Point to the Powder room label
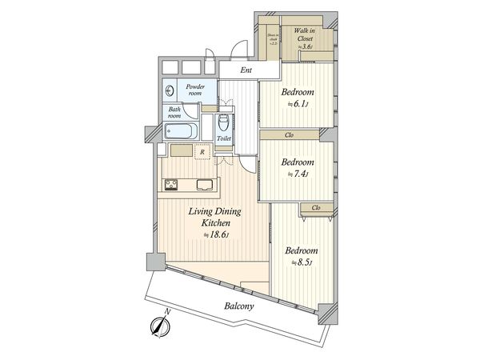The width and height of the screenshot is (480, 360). (196, 89)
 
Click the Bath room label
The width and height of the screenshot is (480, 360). (174, 111)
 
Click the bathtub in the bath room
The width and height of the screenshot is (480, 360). (180, 131)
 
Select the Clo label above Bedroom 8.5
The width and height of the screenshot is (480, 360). (316, 208)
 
